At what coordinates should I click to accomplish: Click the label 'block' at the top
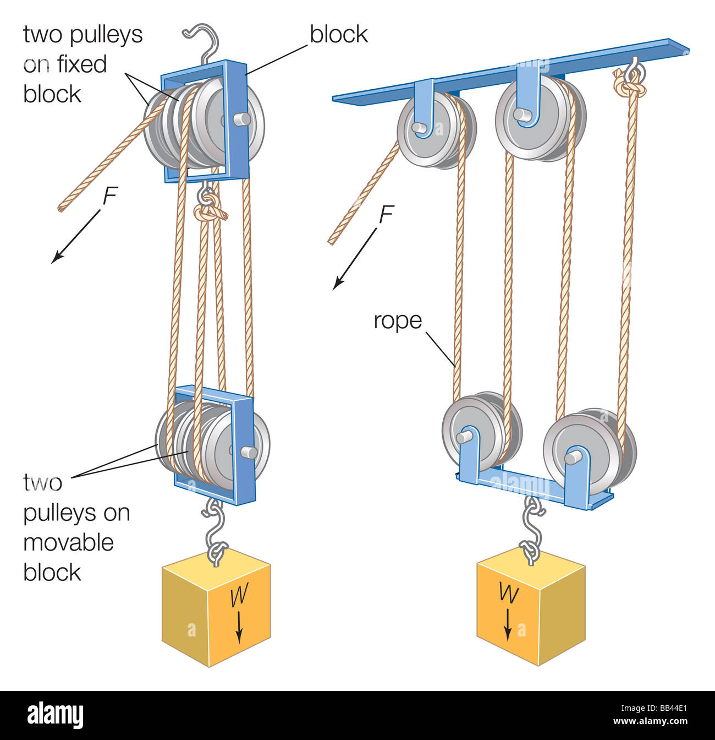(338, 34)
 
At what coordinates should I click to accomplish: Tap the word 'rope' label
(397, 320)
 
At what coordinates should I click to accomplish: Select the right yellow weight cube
(530, 606)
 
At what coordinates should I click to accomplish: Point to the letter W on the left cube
(238, 596)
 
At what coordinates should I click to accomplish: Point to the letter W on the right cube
(508, 593)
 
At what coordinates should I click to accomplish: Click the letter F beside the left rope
(110, 197)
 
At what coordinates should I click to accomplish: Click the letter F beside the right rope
(386, 215)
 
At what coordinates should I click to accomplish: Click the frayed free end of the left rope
(62, 208)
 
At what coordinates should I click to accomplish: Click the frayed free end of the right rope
(332, 240)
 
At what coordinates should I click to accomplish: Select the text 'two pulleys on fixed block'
(82, 64)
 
